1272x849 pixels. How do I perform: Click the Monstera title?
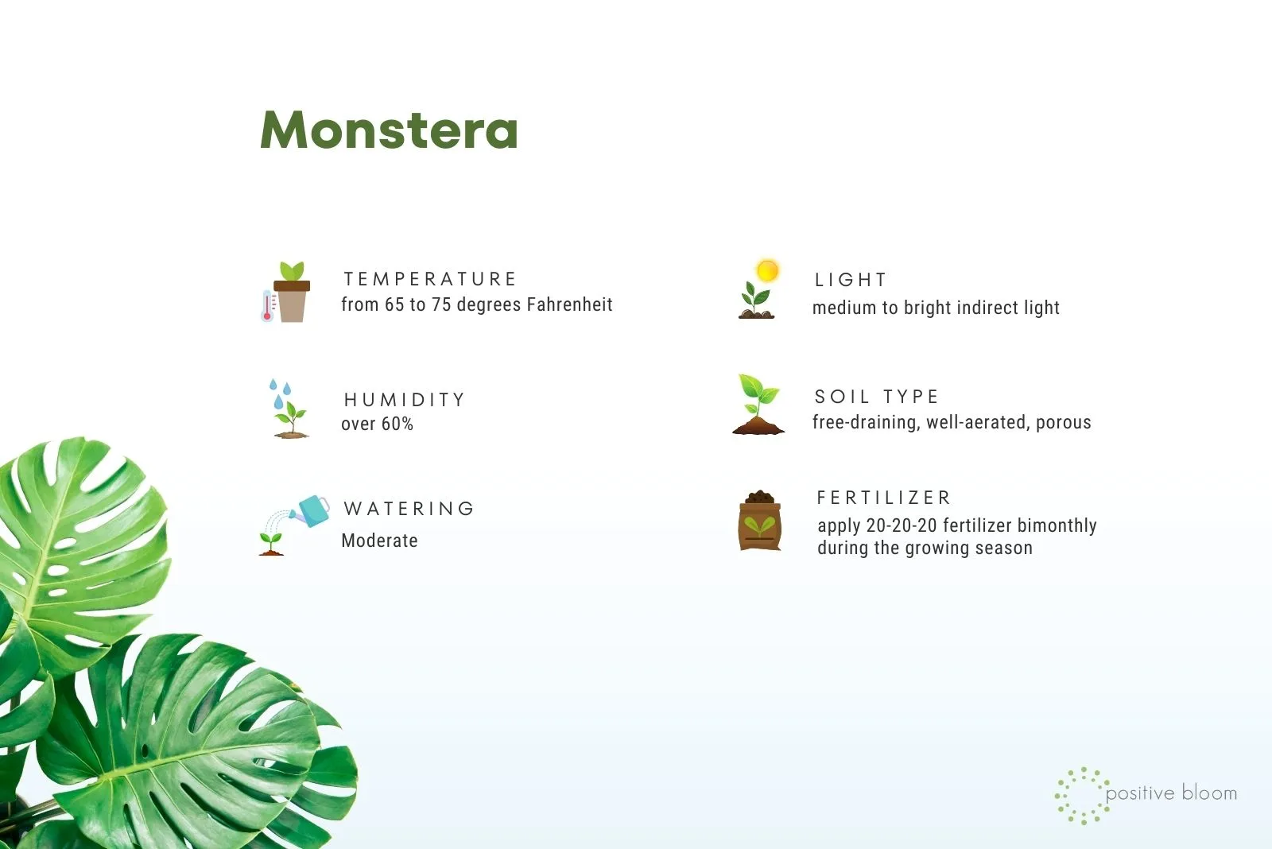tap(389, 130)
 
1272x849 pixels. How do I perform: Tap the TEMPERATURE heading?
tap(430, 279)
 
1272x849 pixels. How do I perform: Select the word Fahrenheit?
tap(569, 304)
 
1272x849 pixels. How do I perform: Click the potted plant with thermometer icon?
tap(285, 292)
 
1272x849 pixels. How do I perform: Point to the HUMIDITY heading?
tap(405, 399)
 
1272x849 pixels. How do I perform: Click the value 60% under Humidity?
tap(397, 424)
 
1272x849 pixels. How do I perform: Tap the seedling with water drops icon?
tap(289, 409)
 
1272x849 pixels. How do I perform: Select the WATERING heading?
tap(409, 508)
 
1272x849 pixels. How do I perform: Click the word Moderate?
tap(379, 540)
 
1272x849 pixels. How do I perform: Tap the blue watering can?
tap(311, 510)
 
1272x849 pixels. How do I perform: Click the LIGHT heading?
tap(850, 279)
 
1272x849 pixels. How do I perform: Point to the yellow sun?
tap(767, 270)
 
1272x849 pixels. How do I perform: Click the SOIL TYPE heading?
tap(876, 396)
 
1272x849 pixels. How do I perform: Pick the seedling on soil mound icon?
tap(758, 404)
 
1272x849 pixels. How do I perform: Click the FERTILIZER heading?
tap(883, 498)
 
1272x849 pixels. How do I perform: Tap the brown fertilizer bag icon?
tap(760, 520)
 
